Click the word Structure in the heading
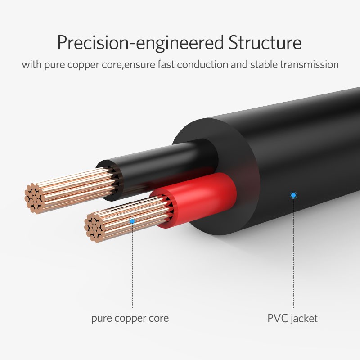click(x=265, y=42)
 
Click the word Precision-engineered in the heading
click(x=140, y=43)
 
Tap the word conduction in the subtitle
click(x=202, y=64)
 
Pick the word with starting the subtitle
click(x=31, y=64)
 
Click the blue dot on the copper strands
click(x=132, y=221)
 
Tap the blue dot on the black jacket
click(x=293, y=195)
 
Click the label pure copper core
click(x=130, y=319)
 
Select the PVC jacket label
click(x=292, y=319)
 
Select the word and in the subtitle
click(x=239, y=64)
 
